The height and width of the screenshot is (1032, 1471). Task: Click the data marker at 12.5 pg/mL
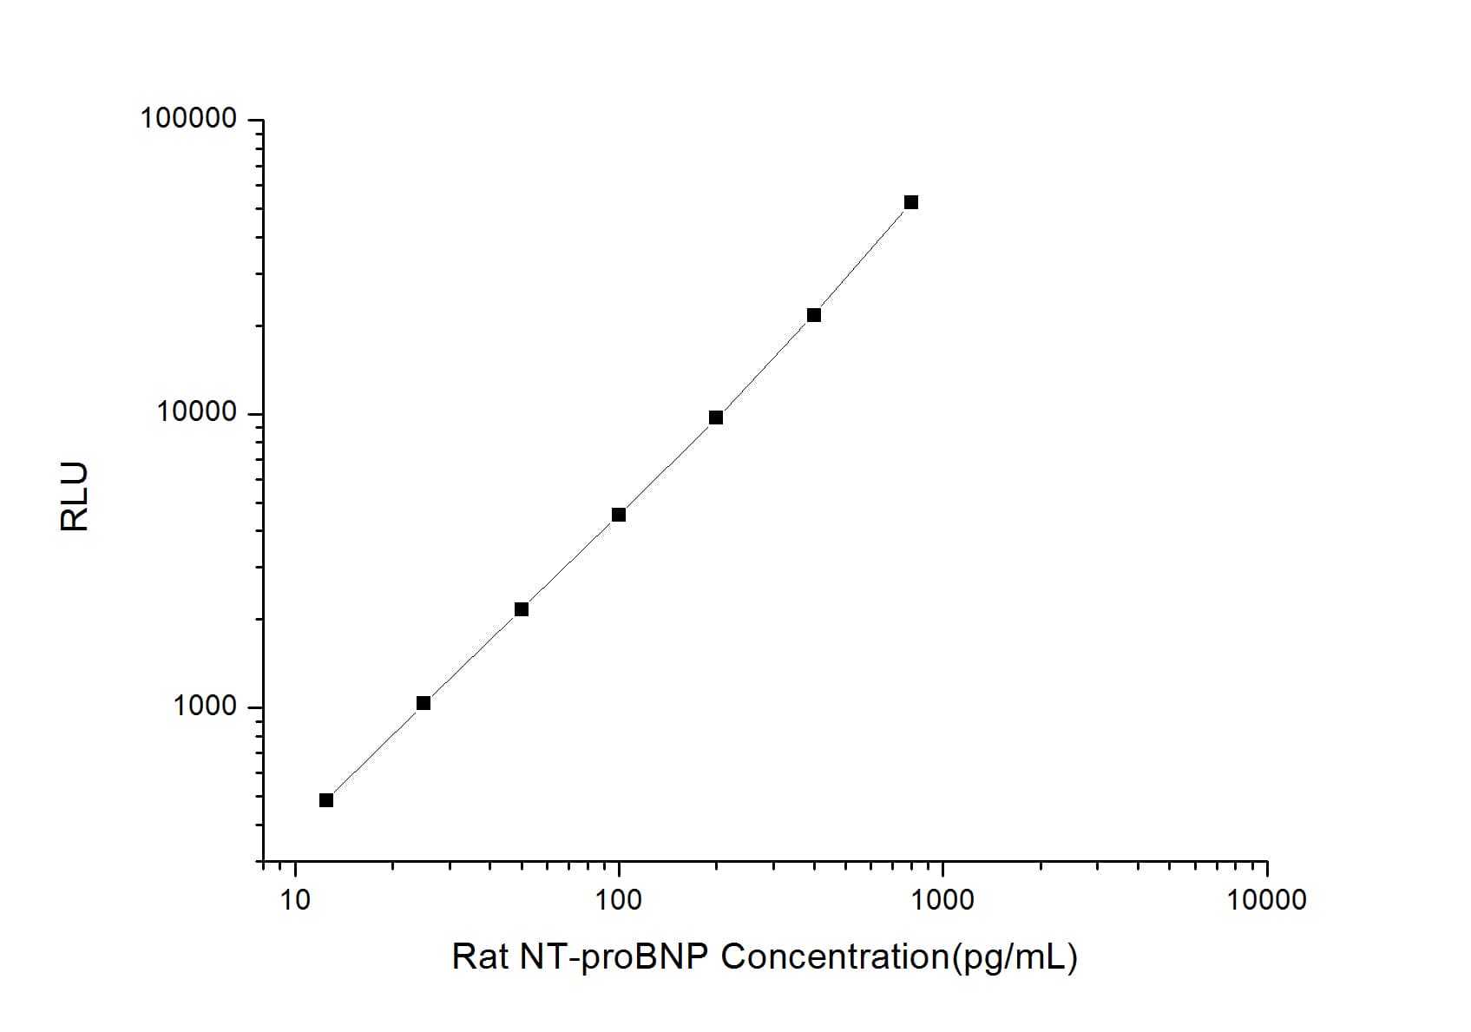(x=326, y=800)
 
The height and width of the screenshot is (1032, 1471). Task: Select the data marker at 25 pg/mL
(x=424, y=703)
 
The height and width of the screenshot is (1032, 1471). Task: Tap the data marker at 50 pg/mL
(x=522, y=609)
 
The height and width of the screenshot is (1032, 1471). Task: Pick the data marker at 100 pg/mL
(x=619, y=515)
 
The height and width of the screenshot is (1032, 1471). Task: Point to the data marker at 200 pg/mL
(x=716, y=417)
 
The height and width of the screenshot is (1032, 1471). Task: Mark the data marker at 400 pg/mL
(x=814, y=315)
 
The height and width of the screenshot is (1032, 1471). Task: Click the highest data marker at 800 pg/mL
(x=911, y=202)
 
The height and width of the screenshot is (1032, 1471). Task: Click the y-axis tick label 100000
(x=188, y=119)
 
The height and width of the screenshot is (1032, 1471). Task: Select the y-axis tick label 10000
(x=197, y=412)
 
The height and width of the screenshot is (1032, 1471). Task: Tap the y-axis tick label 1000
(x=205, y=706)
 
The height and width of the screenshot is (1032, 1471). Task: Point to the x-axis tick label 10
(x=295, y=900)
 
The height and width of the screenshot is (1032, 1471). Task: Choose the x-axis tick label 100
(x=619, y=900)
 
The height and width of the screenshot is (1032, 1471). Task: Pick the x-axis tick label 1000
(x=942, y=900)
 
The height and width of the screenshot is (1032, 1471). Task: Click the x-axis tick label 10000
(x=1266, y=900)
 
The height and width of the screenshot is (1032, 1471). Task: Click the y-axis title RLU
(x=75, y=496)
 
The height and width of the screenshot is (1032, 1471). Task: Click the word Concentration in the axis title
(x=833, y=957)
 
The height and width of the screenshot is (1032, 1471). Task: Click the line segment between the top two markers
(x=863, y=259)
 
